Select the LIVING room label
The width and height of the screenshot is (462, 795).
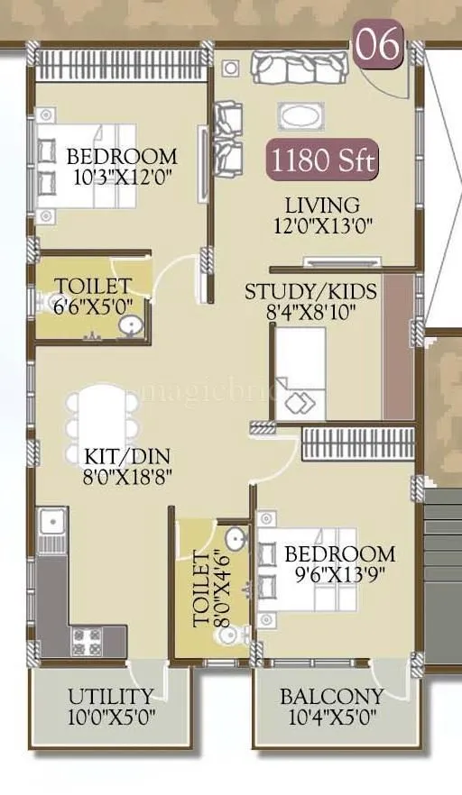point(322,205)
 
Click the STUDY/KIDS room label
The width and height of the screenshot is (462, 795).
point(311,292)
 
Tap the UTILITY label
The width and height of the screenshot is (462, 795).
point(110,696)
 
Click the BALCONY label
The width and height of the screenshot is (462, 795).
point(331,696)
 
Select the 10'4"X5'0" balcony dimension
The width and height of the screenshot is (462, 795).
point(331,717)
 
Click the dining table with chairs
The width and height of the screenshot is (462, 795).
point(103,415)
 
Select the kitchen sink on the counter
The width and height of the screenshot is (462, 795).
point(51,520)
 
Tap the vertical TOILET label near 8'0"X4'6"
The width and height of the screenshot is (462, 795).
point(200,591)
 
